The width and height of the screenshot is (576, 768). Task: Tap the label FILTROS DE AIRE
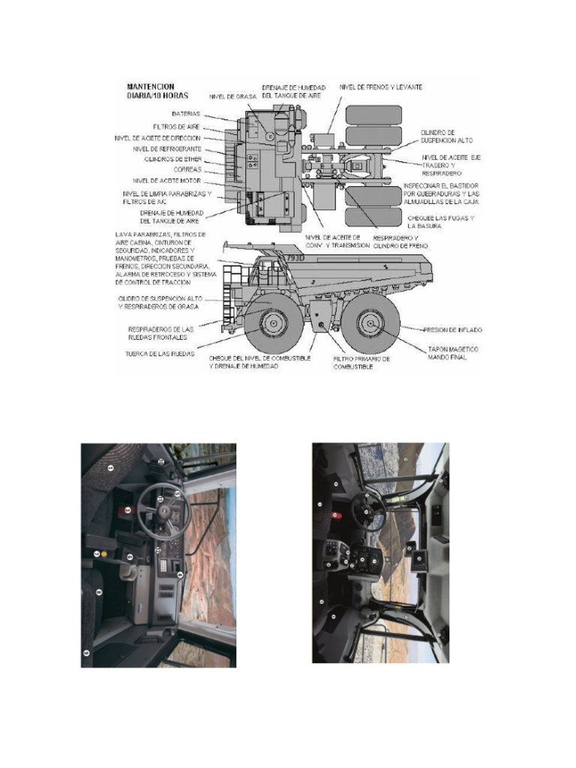tap(176, 127)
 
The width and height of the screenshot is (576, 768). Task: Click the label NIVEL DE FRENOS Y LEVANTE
tap(380, 87)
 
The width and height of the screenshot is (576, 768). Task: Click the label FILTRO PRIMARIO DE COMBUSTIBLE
tap(361, 363)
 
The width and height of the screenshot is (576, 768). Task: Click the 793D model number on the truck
tap(295, 257)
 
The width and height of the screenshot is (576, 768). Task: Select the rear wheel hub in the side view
tap(370, 324)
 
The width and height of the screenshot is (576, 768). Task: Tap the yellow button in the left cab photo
tap(105, 553)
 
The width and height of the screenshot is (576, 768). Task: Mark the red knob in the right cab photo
tap(337, 516)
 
